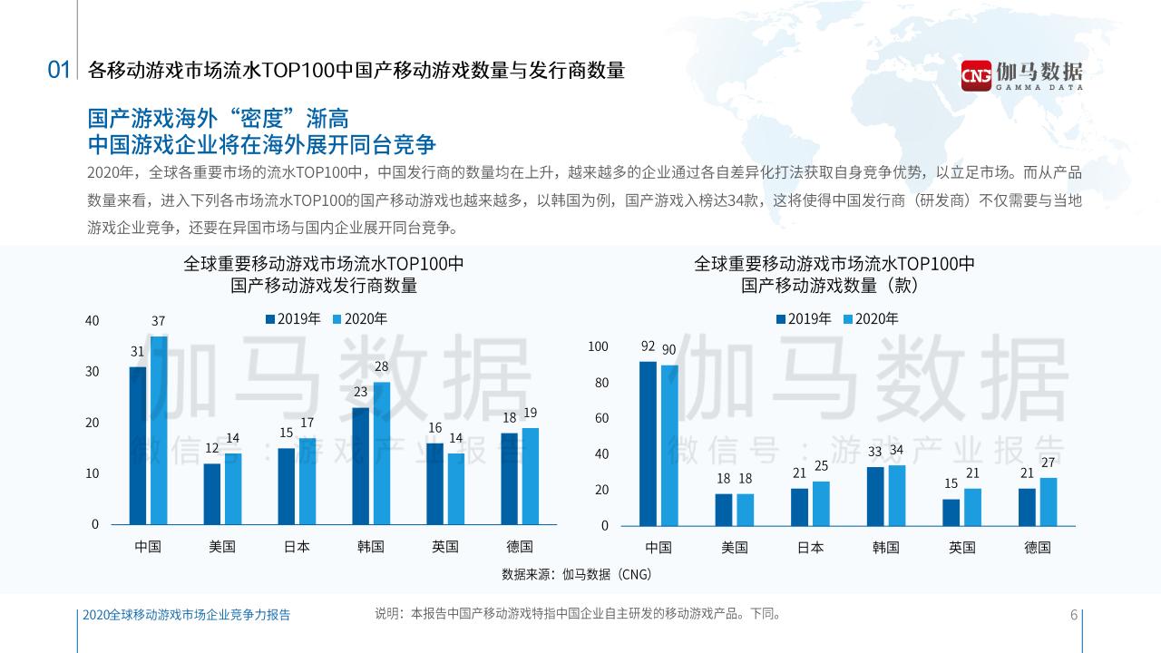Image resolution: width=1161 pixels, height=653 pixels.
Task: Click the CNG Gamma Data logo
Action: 1021,73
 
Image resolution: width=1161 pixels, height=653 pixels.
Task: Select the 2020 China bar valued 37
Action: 159,430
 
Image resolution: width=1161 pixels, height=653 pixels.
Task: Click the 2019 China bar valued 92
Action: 648,443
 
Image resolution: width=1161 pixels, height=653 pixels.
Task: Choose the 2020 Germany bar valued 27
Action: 1049,502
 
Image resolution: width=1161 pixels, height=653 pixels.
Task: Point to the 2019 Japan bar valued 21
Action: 799,507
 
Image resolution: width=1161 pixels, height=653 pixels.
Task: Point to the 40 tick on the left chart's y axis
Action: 92,321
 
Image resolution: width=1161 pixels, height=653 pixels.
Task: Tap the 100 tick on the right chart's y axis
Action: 599,346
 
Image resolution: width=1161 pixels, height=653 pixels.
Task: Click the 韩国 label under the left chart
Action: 370,547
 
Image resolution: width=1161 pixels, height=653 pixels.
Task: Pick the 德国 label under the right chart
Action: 1038,548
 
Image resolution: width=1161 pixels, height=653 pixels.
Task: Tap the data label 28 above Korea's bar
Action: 382,367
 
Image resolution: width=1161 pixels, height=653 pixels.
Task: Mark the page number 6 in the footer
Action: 1074,615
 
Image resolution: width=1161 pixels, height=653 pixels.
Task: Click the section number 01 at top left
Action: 59,70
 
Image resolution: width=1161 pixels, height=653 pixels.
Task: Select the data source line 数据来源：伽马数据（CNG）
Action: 577,574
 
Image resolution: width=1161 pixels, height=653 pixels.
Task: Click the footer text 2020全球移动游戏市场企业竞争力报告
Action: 186,615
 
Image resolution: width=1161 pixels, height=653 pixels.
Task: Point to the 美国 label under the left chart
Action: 222,547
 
